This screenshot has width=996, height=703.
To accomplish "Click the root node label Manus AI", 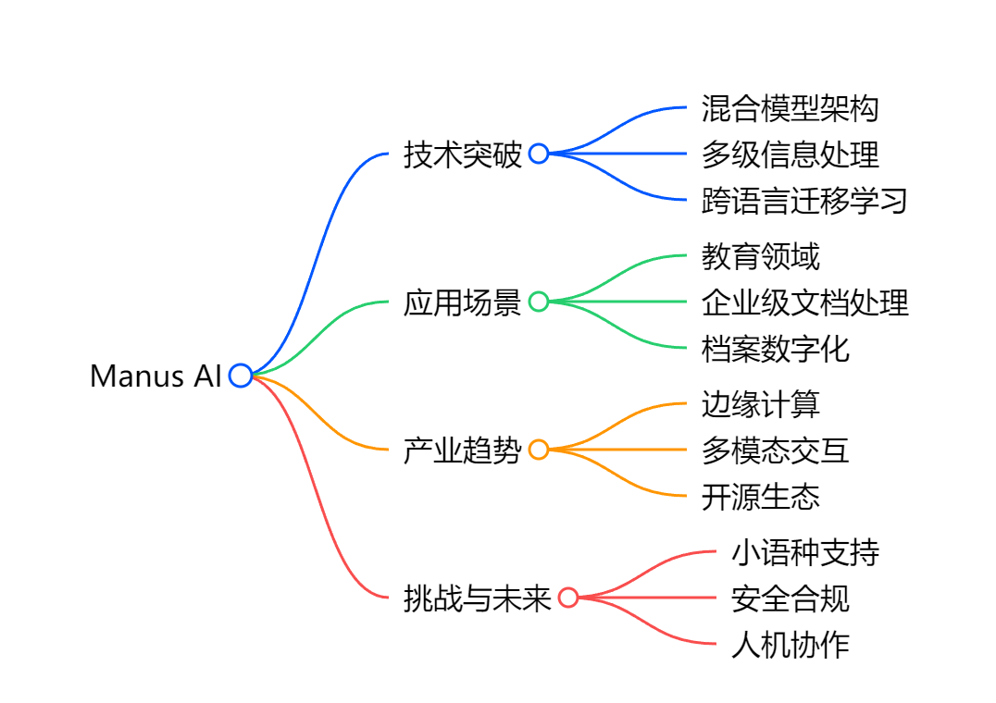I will (156, 376).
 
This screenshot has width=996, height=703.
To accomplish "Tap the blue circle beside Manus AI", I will (241, 376).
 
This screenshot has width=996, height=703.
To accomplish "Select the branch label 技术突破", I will (463, 154).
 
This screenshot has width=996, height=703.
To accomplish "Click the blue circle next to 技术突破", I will (539, 154).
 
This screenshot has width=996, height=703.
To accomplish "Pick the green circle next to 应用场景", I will (539, 302).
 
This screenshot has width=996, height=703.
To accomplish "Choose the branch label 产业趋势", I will (463, 450).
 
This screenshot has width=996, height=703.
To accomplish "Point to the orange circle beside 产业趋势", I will (539, 450).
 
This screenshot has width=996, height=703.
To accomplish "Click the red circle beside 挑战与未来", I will (568, 598).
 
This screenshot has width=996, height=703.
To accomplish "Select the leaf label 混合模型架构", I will (790, 108).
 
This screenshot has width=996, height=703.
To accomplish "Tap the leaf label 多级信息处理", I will (790, 154).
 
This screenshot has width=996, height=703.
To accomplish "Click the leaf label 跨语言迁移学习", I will (804, 201).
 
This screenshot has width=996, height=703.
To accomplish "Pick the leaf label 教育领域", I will (760, 256).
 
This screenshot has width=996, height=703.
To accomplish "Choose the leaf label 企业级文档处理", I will (804, 302).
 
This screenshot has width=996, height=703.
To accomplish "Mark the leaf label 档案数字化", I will (775, 349).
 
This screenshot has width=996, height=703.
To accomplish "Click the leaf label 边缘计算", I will (760, 404).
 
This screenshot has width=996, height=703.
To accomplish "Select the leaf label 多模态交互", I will (775, 450).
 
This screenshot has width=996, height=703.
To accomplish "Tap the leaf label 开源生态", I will (760, 497).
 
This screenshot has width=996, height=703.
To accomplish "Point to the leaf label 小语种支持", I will (804, 552).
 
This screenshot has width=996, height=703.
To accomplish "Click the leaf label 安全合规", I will (790, 598).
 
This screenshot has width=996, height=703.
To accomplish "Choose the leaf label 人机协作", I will (790, 645).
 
